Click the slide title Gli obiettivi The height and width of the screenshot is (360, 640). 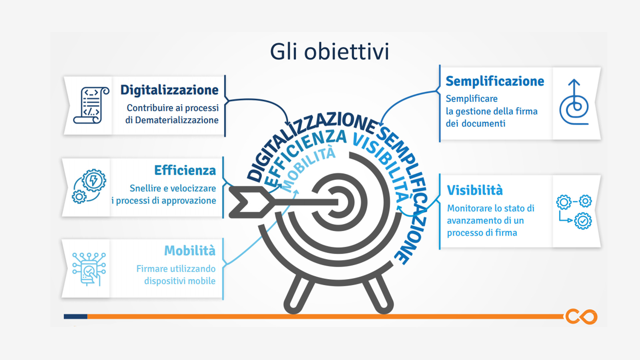pos(329,52)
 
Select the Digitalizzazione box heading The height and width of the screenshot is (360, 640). pos(169,90)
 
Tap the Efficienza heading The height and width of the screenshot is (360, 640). pos(185,170)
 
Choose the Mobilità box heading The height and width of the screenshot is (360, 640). pos(190,250)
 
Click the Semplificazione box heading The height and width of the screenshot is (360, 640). pos(495,81)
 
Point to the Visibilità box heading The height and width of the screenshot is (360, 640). pos(475,190)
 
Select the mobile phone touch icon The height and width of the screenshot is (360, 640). pos(89,269)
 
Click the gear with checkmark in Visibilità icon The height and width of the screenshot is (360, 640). pos(583,221)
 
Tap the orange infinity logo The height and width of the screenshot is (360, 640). pos(581,316)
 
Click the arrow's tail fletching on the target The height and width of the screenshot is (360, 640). pos(249,202)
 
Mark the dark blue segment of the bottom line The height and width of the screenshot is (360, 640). pos(75,316)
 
